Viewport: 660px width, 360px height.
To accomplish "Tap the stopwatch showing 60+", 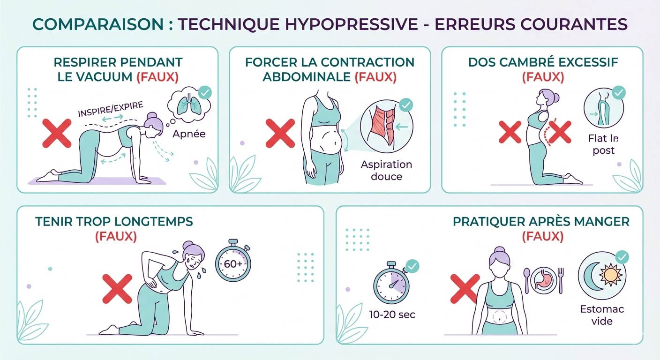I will point(233,264).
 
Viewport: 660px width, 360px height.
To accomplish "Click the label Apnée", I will point(188,134).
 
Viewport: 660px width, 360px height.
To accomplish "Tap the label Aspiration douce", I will point(386,170).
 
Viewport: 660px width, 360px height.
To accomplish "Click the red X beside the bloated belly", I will point(280,134).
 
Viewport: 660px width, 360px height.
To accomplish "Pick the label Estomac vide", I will point(602,315).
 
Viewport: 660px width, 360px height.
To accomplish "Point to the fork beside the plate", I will point(561,280).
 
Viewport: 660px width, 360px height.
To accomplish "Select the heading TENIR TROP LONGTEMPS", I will point(114,221).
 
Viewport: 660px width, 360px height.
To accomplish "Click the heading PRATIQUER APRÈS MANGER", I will point(541,221).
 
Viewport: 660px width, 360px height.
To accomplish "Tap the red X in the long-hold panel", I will point(117,288).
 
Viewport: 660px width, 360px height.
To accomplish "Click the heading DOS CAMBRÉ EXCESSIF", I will point(543,62).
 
